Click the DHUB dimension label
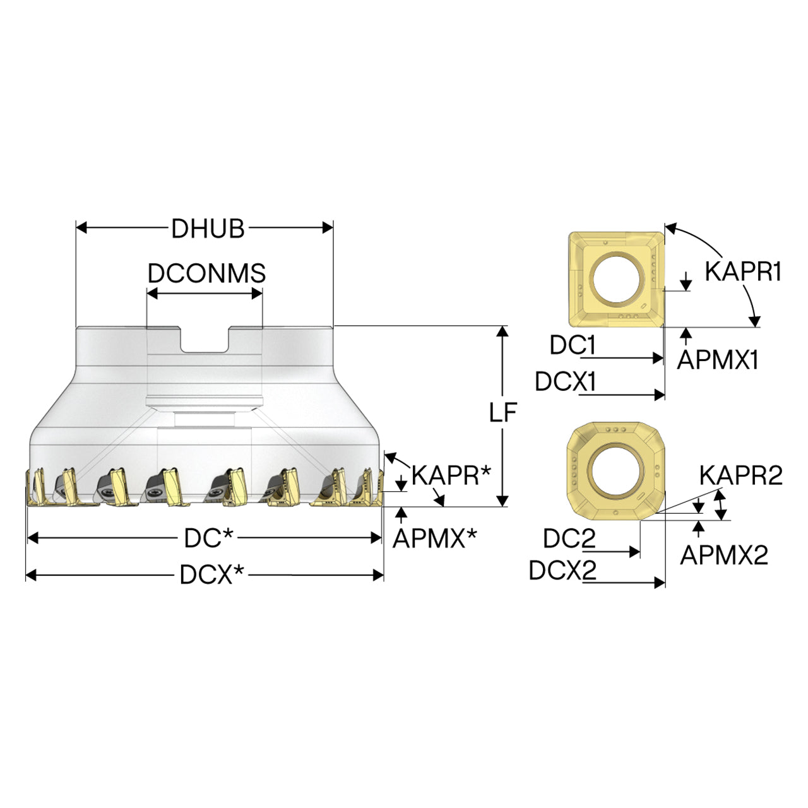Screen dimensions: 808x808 (x=208, y=229)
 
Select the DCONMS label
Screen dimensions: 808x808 (x=206, y=273)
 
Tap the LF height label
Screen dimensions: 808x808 (x=503, y=412)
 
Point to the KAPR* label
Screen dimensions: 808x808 (x=451, y=475)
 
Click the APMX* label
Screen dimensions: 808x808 (x=435, y=538)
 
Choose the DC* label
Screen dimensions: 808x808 (x=209, y=538)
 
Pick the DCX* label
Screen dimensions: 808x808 (x=211, y=574)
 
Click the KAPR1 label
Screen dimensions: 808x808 (x=743, y=271)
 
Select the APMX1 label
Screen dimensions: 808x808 (x=718, y=359)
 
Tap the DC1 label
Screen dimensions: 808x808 (x=573, y=346)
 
